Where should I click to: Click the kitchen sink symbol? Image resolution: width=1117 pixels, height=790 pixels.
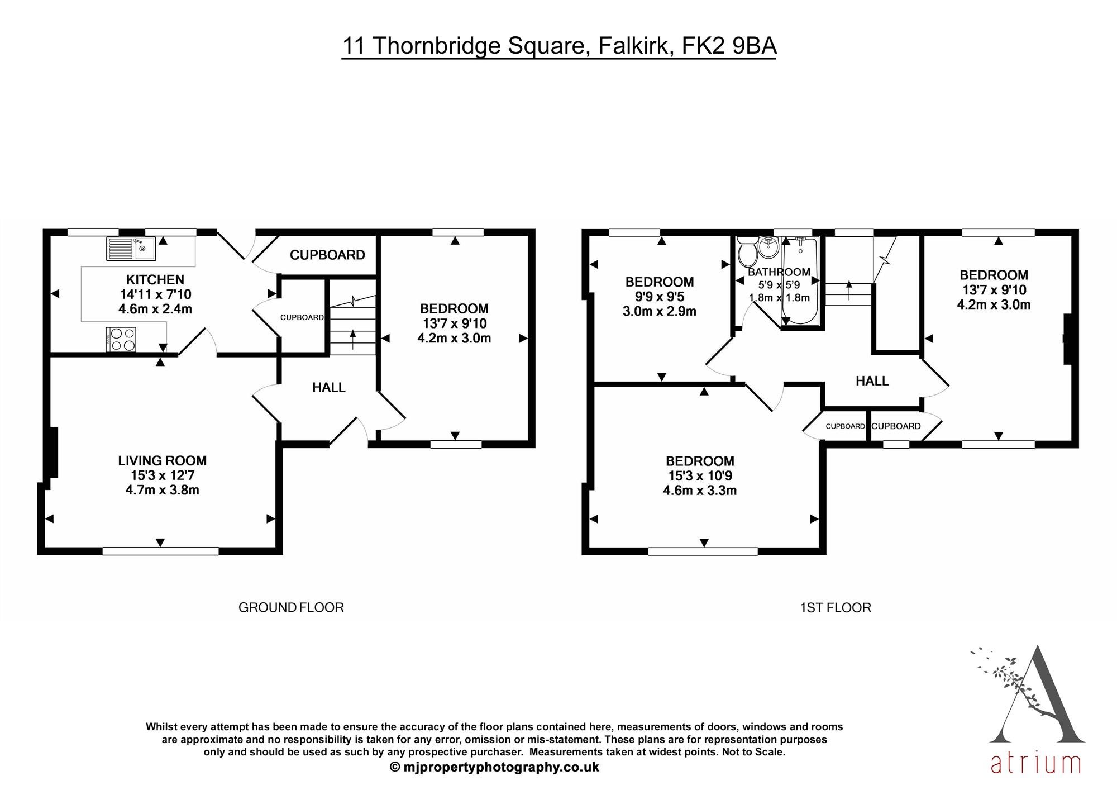point(131,249)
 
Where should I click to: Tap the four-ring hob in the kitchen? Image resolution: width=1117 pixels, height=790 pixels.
point(121,339)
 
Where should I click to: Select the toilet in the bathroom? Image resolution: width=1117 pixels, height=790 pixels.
point(746,253)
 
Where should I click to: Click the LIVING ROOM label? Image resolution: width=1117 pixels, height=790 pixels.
point(162,461)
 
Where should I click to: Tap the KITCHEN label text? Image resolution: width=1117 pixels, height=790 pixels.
point(155,280)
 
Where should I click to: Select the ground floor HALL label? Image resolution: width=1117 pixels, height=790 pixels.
point(328,387)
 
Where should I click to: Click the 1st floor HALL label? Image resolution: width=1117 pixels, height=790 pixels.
point(872,381)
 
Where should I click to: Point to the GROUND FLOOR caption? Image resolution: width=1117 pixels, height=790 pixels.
point(291,607)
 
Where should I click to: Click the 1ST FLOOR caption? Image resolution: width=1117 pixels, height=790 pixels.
point(835,607)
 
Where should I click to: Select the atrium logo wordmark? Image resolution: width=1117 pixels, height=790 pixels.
point(1035,764)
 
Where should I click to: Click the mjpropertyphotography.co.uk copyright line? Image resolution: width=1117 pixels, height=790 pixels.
point(494,767)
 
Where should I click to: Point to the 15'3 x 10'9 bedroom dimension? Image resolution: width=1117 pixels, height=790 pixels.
point(700,476)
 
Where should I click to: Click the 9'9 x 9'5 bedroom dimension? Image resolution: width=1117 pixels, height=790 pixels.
point(659,297)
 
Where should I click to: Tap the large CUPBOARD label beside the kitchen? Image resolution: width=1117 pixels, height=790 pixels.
point(327,255)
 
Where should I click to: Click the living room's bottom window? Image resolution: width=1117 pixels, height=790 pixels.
point(160,551)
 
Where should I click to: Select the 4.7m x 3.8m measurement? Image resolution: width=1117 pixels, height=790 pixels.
point(162,491)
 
